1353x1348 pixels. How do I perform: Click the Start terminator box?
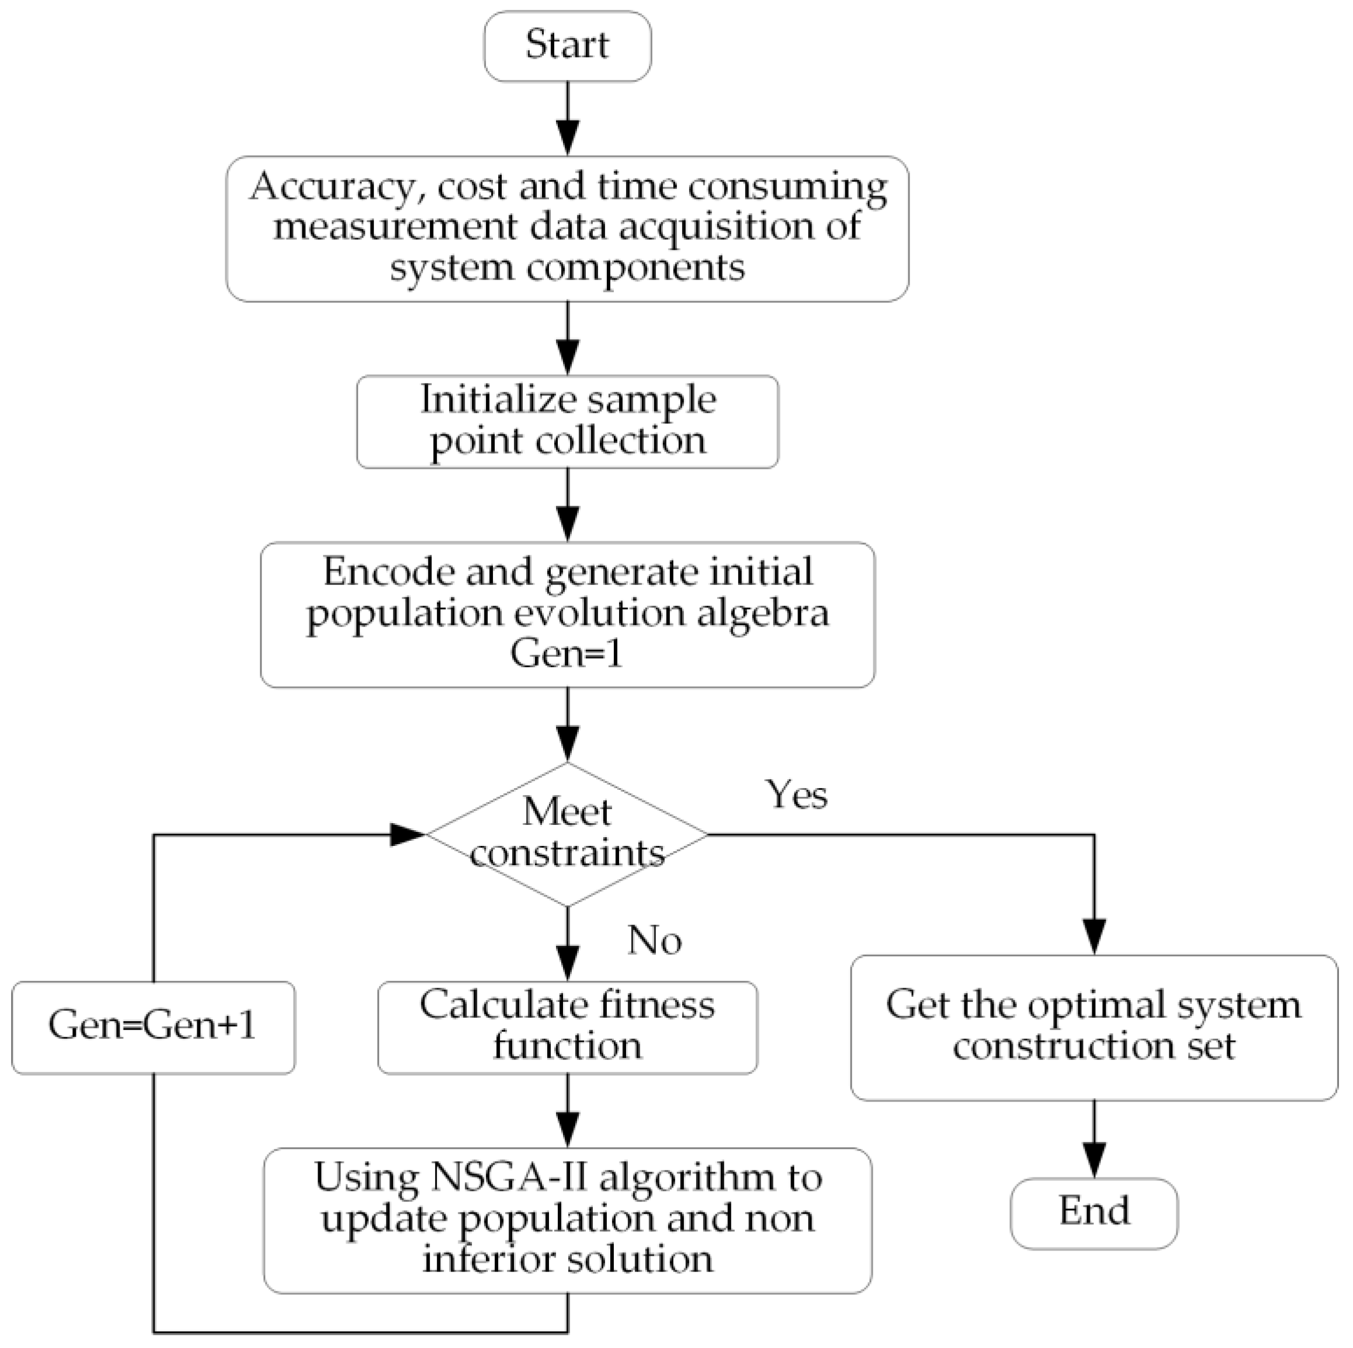coord(567,46)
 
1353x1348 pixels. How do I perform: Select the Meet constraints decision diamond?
coord(567,834)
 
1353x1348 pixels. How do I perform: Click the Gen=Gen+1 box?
coord(153,1026)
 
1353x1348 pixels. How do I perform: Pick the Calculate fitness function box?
coord(567,1026)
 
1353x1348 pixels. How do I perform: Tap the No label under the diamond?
coord(654,941)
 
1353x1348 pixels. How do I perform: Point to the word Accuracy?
coord(330,187)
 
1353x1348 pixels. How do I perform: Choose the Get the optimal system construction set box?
coord(1094,1026)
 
